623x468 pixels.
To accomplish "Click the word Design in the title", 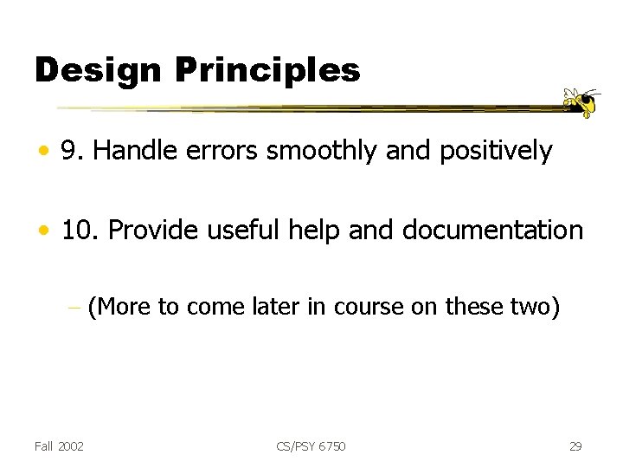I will [x=86, y=70].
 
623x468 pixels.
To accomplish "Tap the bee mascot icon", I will [x=579, y=101].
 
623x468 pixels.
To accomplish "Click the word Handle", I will [x=130, y=152].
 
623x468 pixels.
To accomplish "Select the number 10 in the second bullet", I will [x=75, y=231].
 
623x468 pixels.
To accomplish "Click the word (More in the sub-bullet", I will [x=119, y=306].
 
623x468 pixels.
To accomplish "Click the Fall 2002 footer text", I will [x=59, y=446].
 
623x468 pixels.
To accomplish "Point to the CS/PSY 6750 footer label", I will [x=311, y=446].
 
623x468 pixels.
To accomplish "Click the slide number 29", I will [x=575, y=446].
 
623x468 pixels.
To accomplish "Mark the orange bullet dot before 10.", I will [x=42, y=231].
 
